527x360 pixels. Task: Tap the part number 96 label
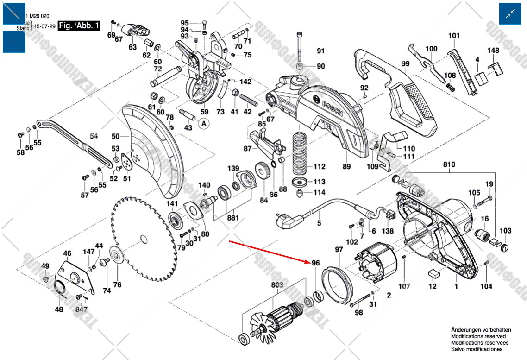pyautogui.click(x=315, y=263)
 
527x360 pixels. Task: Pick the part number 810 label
pyautogui.click(x=449, y=164)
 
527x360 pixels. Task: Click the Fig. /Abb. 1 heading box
pyautogui.click(x=78, y=25)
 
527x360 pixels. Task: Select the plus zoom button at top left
pyautogui.click(x=14, y=14)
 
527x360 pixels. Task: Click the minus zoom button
pyautogui.click(x=14, y=42)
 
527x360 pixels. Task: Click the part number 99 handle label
pyautogui.click(x=406, y=63)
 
